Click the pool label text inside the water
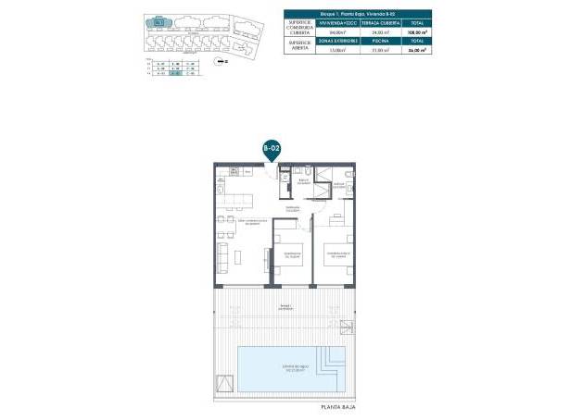(285, 370)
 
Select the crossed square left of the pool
(224, 382)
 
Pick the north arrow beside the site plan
(219, 61)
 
